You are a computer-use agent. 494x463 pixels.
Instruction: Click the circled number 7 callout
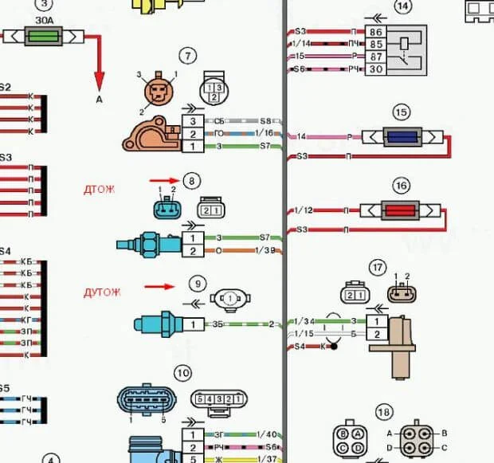coord(187,56)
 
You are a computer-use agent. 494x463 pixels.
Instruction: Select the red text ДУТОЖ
coord(103,292)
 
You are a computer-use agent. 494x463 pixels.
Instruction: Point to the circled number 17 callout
coord(378,268)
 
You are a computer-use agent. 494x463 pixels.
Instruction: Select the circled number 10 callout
coord(184,372)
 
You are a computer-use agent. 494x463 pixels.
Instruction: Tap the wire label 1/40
coord(267,434)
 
